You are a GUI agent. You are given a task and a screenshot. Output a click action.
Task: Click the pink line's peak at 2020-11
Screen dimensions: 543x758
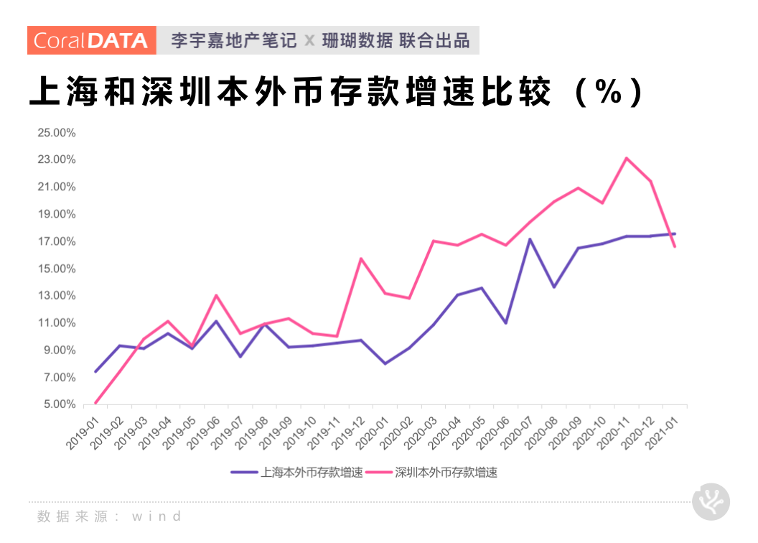coord(627,158)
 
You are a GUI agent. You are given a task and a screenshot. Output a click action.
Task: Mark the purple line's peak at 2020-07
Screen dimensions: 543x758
coord(530,239)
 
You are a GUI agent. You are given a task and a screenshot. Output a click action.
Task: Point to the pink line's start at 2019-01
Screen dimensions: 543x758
coord(95,403)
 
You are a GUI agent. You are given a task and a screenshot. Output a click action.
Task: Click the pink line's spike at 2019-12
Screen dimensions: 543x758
coord(361,259)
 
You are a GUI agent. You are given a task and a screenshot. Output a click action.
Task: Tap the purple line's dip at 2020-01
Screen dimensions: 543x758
coord(385,363)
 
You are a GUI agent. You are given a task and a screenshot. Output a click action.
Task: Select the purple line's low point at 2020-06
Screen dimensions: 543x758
coord(506,322)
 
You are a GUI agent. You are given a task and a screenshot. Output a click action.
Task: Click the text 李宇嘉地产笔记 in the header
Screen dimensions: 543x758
coord(234,40)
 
